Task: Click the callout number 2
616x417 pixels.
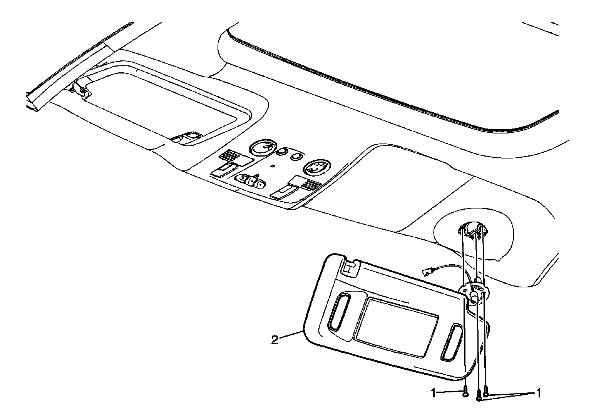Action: pyautogui.click(x=275, y=340)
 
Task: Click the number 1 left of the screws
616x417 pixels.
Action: pyautogui.click(x=434, y=393)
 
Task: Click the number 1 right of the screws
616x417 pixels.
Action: pyautogui.click(x=538, y=393)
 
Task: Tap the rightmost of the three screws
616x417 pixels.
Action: pyautogui.click(x=486, y=392)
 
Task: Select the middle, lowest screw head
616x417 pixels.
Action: pyautogui.click(x=479, y=396)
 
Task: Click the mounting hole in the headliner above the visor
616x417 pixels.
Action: pyautogui.click(x=472, y=233)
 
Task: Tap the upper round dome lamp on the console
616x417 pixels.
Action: pyautogui.click(x=263, y=148)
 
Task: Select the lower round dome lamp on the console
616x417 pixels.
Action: pyautogui.click(x=316, y=168)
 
